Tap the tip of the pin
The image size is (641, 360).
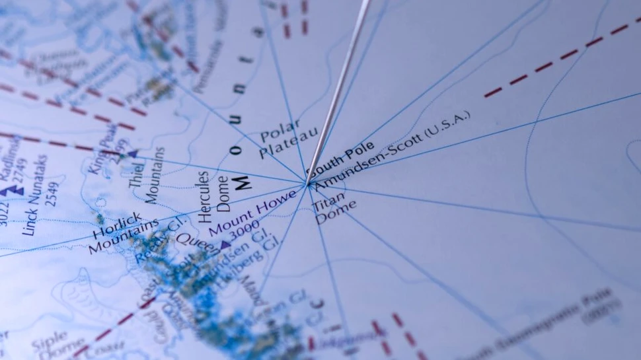307,182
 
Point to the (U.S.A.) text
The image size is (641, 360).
446,126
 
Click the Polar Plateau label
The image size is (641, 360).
281,138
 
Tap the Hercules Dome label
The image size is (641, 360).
213,196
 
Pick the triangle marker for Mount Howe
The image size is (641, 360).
225,245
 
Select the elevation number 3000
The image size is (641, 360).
244,231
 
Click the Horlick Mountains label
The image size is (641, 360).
119,233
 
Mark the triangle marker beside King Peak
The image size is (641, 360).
133,154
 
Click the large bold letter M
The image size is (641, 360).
242,181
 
